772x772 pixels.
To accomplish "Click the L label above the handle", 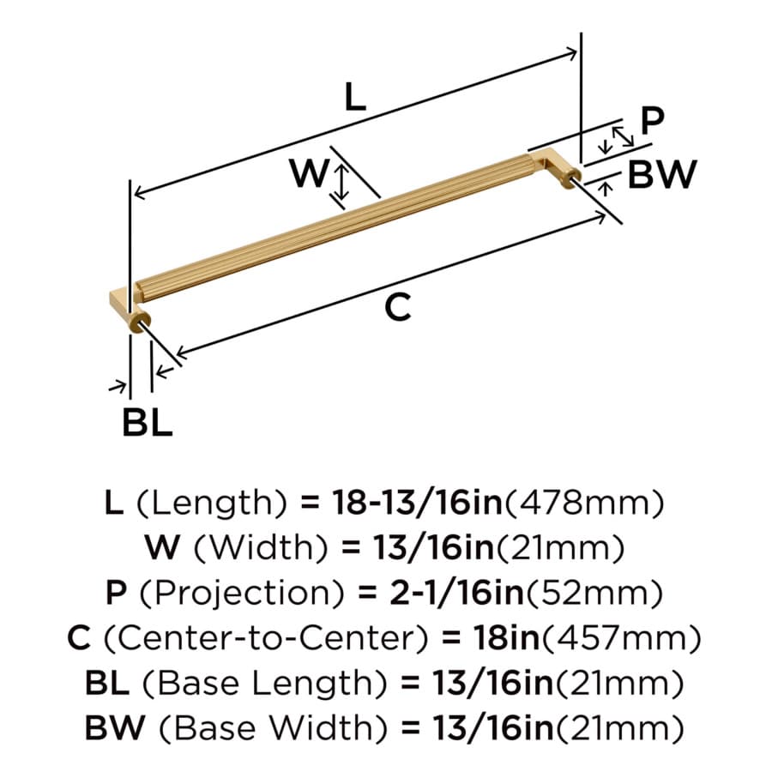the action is [355, 96].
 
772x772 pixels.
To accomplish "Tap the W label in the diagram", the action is [309, 173].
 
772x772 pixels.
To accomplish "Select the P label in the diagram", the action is [653, 121].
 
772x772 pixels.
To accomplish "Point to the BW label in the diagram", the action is [662, 174].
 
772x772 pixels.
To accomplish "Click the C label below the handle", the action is [397, 307].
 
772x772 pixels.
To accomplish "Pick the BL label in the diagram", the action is [148, 422].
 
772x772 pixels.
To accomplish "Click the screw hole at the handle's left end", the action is [145, 323].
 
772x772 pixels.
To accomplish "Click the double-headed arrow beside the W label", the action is [341, 182].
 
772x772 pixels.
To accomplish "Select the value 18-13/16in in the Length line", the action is [417, 504].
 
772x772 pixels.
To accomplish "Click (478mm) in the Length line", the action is [584, 504].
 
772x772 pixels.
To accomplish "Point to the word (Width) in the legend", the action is [261, 548].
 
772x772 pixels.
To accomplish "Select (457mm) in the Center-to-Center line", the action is [621, 638].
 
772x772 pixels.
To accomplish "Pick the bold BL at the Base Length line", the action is [108, 684].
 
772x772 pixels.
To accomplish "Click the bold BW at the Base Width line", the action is [115, 728].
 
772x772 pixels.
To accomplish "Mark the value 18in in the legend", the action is [507, 638].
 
